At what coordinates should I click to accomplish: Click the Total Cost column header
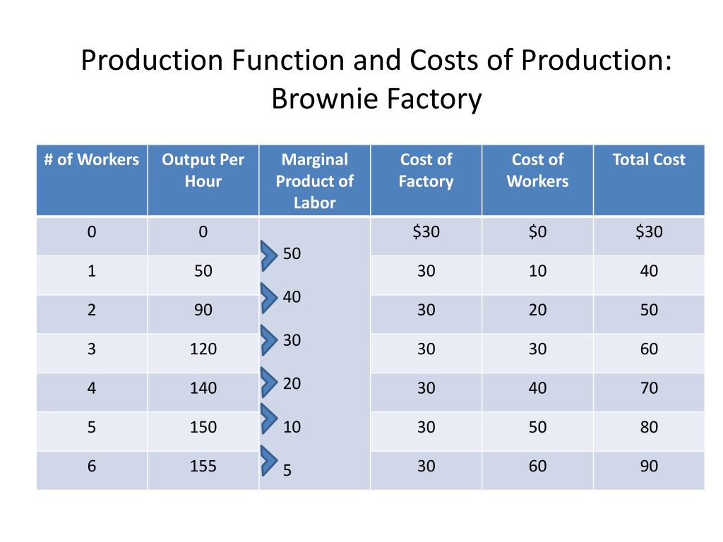(649, 159)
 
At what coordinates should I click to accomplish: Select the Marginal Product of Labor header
(314, 181)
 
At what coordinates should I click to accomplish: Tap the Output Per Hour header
(203, 170)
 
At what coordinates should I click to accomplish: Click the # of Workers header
(92, 159)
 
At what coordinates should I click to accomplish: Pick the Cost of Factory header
(426, 170)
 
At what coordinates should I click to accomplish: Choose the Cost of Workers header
(537, 170)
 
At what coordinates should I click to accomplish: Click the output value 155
(203, 466)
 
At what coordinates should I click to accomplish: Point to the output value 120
(203, 349)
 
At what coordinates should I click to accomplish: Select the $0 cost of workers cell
(537, 231)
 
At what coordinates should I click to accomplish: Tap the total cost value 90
(649, 466)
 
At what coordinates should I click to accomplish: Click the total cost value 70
(649, 387)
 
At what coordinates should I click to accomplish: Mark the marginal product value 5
(287, 470)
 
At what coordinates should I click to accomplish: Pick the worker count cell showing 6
(92, 466)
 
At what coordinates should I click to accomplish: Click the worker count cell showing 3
(92, 349)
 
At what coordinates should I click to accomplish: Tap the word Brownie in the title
(321, 99)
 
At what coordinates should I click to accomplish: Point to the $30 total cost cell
(649, 231)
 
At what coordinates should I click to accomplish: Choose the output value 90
(203, 310)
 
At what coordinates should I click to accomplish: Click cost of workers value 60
(537, 466)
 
